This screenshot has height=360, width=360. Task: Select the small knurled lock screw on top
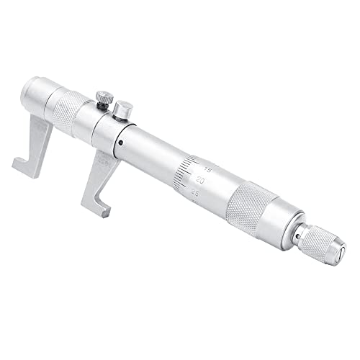point(104,96)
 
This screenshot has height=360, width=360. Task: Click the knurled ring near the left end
point(69,111)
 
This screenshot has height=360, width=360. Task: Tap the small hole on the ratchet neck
point(297,234)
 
